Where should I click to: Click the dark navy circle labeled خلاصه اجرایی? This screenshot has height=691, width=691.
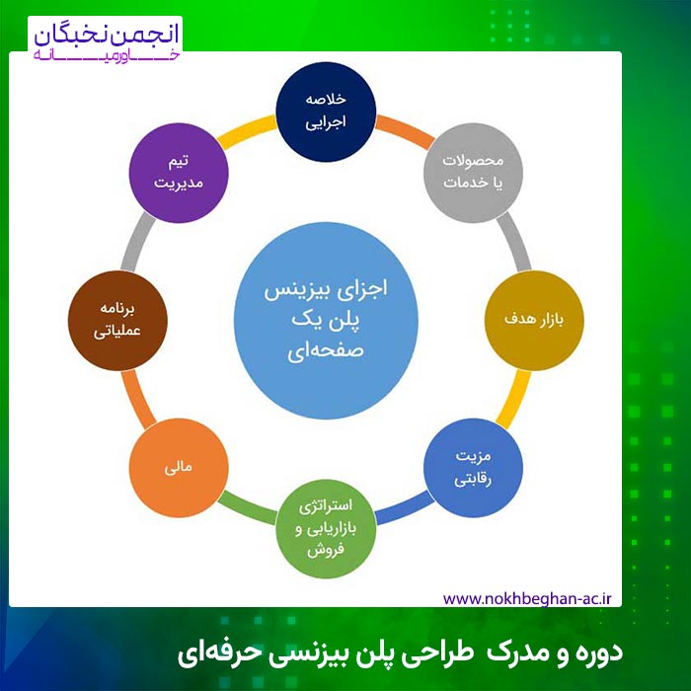(326, 112)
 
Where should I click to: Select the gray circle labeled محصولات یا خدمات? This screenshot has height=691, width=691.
(473, 173)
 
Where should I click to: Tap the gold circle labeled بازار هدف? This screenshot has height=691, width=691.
(534, 321)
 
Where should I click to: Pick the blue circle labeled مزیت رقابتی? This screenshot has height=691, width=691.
(473, 468)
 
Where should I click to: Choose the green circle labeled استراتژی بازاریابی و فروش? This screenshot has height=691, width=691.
(326, 528)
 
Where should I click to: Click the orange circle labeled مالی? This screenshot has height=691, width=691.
(179, 468)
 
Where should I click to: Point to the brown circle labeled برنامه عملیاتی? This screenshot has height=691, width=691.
(117, 321)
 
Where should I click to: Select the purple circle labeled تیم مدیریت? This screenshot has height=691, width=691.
(179, 173)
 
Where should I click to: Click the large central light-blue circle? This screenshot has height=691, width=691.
(326, 321)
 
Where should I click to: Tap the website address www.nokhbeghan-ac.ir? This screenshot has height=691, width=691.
(527, 599)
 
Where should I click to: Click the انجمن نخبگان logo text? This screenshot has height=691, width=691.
(107, 36)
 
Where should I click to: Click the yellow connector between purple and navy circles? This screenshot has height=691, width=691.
(247, 131)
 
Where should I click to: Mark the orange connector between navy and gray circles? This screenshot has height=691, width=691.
(405, 131)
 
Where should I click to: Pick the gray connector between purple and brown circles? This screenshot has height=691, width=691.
(138, 242)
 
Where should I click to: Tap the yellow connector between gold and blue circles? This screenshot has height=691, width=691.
(513, 399)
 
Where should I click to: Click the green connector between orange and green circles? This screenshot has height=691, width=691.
(247, 508)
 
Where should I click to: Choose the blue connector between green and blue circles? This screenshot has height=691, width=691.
(405, 508)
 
